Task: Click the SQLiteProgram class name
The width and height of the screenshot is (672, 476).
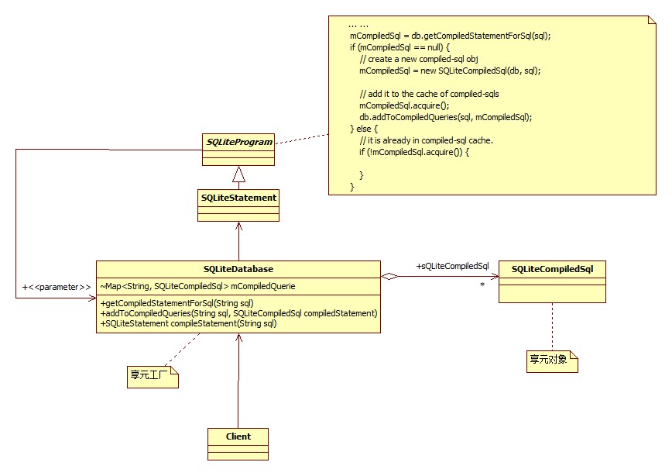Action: tap(238, 142)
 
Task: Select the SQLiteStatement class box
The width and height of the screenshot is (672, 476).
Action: tap(238, 205)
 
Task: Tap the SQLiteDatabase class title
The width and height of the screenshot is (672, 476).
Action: tap(238, 269)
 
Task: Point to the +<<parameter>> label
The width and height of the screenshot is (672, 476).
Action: tap(51, 287)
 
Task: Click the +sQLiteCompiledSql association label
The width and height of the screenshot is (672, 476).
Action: tap(452, 266)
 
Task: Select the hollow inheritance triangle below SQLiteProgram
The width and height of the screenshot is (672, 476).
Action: tap(238, 174)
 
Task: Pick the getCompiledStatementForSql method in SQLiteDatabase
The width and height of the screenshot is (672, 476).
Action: tap(177, 303)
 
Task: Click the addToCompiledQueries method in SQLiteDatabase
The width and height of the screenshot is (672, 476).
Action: tap(238, 313)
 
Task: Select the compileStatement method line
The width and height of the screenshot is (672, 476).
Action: tap(188, 323)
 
